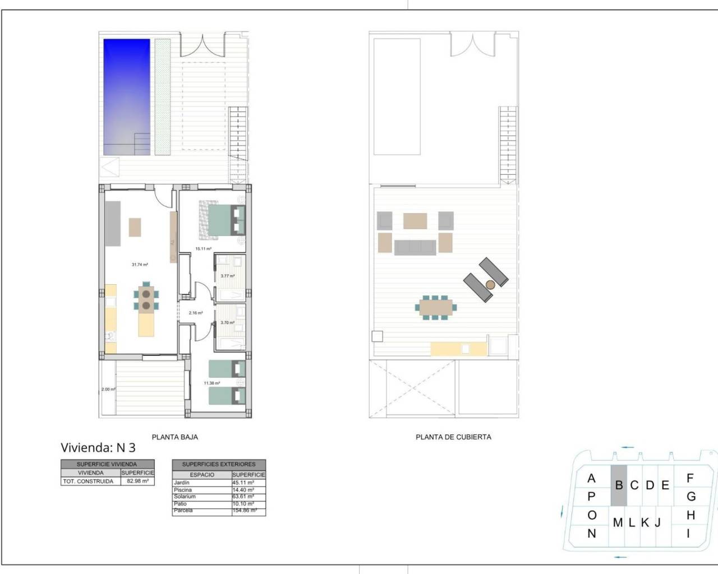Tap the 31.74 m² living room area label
point(140,265)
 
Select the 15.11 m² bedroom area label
point(203,248)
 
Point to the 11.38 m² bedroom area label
point(211,383)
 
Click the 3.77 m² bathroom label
point(227,276)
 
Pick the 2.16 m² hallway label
point(196,313)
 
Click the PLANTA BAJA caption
point(175,437)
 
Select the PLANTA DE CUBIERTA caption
point(453,437)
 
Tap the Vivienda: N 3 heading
point(98,447)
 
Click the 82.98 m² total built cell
point(137,482)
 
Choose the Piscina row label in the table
point(183,490)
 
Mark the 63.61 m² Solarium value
point(243,497)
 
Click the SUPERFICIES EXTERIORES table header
point(219,464)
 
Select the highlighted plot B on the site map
point(619,485)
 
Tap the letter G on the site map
point(691,497)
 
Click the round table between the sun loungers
point(490,284)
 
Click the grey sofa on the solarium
point(415,247)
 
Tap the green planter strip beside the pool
point(163,96)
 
